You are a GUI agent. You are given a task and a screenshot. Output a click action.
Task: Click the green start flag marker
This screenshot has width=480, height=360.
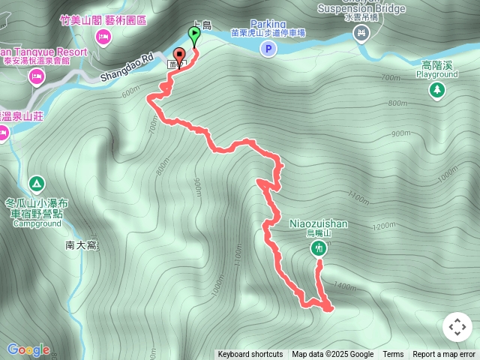click(x=195, y=34)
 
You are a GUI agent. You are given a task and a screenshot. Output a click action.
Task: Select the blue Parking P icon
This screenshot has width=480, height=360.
click(x=268, y=49)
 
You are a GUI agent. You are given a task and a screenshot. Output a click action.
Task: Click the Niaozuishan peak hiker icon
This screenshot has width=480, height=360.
click(x=319, y=247)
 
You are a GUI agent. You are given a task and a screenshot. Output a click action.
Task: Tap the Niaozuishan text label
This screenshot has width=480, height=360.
click(x=318, y=223)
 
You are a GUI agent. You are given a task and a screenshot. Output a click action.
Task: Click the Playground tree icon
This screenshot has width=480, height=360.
click(x=436, y=90)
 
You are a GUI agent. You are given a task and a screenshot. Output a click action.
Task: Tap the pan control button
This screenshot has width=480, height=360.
click(x=457, y=327)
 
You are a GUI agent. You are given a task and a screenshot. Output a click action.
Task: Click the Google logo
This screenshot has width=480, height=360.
click(x=28, y=349)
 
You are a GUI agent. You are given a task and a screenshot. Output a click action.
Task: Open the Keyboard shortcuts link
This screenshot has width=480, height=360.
click(x=250, y=355)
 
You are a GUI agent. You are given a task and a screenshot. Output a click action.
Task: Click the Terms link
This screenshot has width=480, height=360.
click(x=393, y=355)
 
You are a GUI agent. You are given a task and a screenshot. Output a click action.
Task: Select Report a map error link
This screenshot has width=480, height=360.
click(x=444, y=355)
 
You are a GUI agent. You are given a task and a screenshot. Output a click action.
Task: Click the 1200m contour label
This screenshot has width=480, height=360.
click(x=382, y=226)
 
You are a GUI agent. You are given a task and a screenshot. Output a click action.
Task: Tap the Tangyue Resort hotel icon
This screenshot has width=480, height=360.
click(x=35, y=76)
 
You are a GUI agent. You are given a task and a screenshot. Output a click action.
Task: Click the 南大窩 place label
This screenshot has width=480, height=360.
click(x=82, y=245)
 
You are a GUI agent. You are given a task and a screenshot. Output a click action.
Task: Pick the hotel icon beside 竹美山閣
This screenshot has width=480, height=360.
click(x=103, y=36)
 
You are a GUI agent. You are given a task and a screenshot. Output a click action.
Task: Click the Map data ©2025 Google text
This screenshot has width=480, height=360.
click(x=333, y=355)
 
